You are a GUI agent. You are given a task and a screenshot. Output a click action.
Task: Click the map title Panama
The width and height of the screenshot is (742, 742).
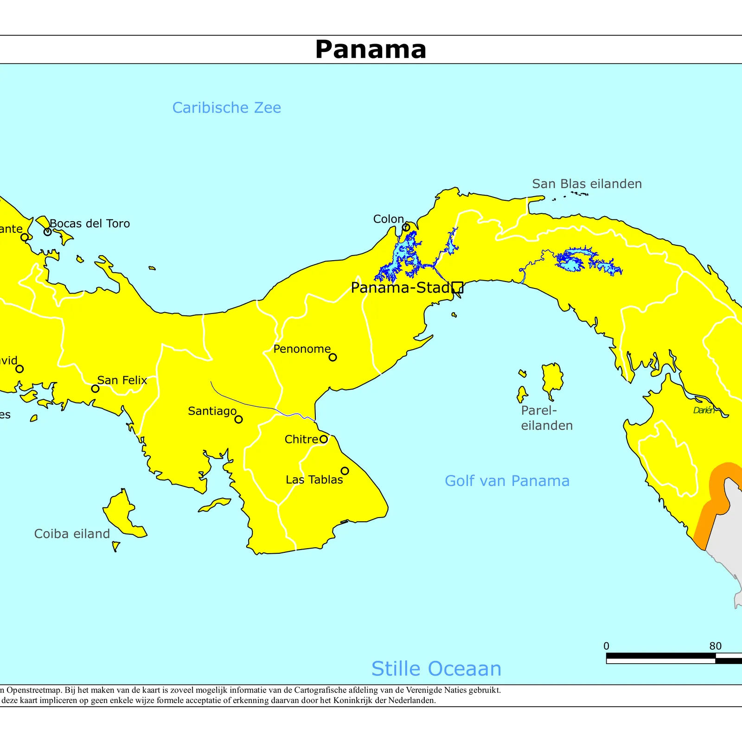[x=371, y=49]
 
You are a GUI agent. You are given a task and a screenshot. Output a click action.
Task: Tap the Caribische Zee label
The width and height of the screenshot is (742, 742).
[x=226, y=108]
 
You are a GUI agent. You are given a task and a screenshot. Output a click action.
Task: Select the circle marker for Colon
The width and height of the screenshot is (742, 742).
[x=406, y=227]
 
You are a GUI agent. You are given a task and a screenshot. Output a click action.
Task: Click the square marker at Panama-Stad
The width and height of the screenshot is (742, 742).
[x=457, y=288]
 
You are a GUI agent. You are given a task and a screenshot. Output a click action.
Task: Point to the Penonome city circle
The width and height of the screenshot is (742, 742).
[x=333, y=357]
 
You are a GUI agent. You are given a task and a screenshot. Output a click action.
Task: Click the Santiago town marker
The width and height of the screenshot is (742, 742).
[x=238, y=419]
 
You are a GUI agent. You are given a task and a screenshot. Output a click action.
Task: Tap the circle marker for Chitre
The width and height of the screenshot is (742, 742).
[x=324, y=439]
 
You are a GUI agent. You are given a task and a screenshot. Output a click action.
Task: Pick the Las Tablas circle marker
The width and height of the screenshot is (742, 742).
[x=345, y=471]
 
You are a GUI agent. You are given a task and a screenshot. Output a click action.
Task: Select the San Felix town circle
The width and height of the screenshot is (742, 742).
[x=95, y=389]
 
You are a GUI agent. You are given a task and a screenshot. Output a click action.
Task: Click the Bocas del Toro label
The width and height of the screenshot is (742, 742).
[x=90, y=224]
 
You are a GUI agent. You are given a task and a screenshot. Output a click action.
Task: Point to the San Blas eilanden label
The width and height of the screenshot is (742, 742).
[x=587, y=184]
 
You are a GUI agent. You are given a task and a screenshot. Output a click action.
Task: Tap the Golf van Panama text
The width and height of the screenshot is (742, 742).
[x=507, y=481]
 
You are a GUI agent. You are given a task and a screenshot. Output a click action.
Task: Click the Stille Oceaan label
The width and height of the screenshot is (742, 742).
[x=436, y=669]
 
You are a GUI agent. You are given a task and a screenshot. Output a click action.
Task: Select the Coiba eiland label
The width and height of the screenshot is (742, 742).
[x=72, y=534]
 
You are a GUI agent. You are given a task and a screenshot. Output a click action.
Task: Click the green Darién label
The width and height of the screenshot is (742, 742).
[x=704, y=410]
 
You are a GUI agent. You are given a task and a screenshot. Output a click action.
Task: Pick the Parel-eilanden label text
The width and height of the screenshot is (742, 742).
[x=546, y=418]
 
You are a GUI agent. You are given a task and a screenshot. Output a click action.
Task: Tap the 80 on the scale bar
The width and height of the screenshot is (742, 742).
[x=715, y=646]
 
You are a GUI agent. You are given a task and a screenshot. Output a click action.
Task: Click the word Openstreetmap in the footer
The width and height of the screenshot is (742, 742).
[x=34, y=690]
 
